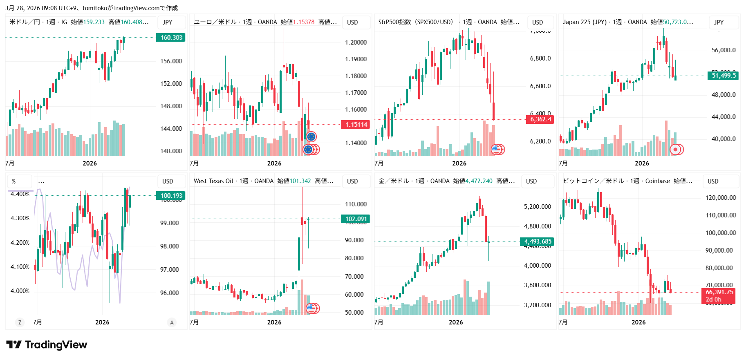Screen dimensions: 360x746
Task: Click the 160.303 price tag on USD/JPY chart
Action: click(171, 38)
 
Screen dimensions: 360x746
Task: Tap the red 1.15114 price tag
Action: click(356, 125)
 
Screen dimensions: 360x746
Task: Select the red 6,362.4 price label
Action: click(540, 119)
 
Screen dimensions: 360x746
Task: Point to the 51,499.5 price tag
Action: click(724, 76)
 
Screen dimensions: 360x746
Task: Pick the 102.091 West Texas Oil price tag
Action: click(356, 219)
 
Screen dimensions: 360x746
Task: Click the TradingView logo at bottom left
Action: click(47, 345)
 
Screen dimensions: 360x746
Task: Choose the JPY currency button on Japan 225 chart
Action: click(719, 22)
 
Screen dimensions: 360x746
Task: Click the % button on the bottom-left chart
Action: click(14, 181)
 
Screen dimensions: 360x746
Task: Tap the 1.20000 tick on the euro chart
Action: click(356, 42)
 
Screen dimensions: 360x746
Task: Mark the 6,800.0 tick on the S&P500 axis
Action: click(540, 58)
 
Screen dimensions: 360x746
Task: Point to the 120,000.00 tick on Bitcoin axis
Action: click(721, 198)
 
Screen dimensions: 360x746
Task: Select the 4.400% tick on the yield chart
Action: click(20, 194)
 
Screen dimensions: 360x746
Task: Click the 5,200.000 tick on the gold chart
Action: click(537, 207)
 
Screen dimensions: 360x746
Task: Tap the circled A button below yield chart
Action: click(172, 322)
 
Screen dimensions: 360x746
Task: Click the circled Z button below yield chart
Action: click(20, 322)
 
